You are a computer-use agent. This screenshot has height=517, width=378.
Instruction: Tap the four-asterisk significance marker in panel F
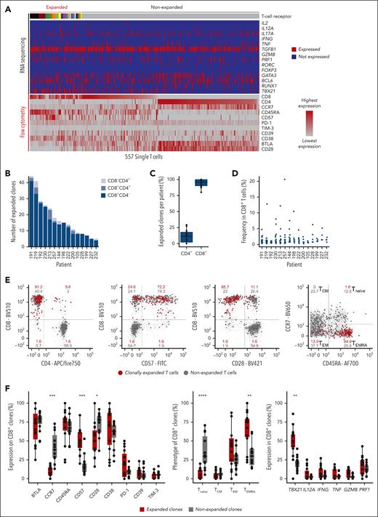[x=182, y=374]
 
